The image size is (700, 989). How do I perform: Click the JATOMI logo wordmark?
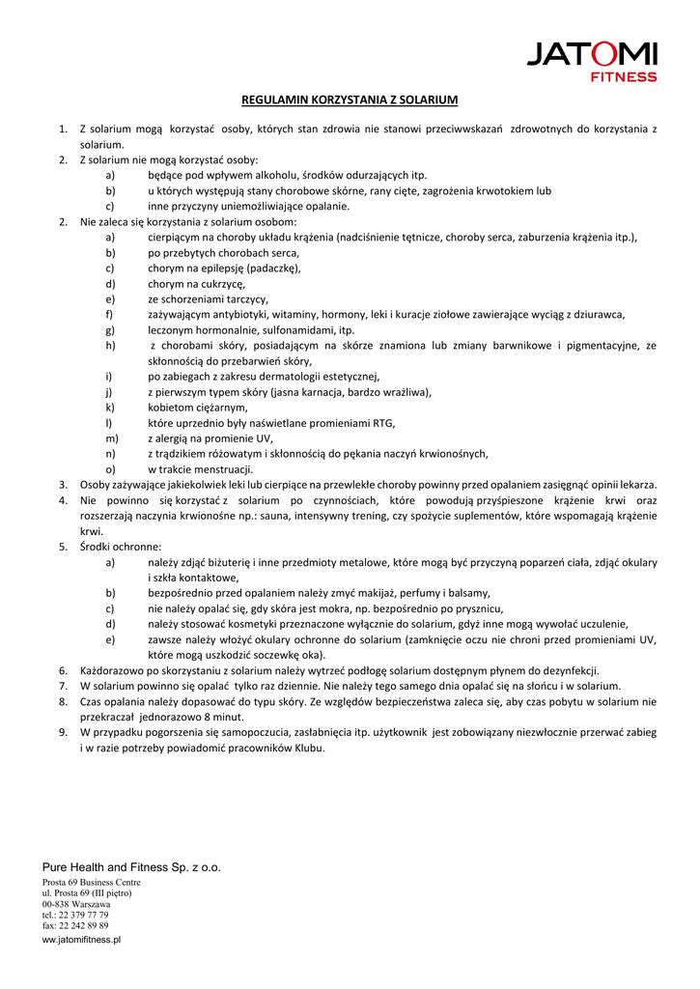(x=591, y=54)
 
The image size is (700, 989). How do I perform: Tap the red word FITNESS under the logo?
(x=624, y=77)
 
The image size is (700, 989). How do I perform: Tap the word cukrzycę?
(x=223, y=284)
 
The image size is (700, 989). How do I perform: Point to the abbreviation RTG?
(x=383, y=423)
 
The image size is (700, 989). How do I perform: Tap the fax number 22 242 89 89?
(x=83, y=925)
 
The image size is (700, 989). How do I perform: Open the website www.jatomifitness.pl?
(x=81, y=940)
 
